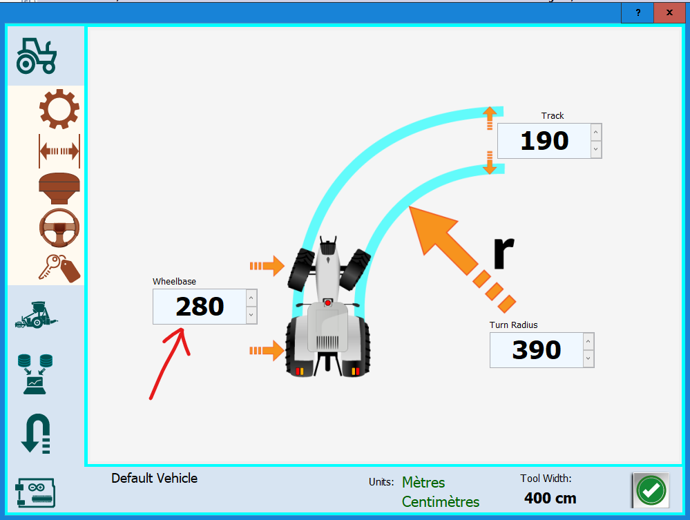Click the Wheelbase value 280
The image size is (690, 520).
pyautogui.click(x=200, y=306)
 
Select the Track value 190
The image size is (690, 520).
pyautogui.click(x=544, y=141)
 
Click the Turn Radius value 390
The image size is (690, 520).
pyautogui.click(x=537, y=350)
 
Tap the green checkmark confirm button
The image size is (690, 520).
pyautogui.click(x=651, y=490)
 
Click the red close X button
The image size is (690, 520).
pyautogui.click(x=669, y=12)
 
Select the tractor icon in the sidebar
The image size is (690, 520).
pyautogui.click(x=37, y=55)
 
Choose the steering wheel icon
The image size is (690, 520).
pyautogui.click(x=59, y=227)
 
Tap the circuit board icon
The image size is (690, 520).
pyautogui.click(x=35, y=493)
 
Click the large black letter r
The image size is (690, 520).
pyautogui.click(x=504, y=253)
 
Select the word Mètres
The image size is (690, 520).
pyautogui.click(x=423, y=482)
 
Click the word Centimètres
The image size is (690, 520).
pyautogui.click(x=441, y=501)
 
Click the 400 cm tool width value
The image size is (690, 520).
pyautogui.click(x=550, y=498)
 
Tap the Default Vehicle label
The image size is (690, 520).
pyautogui.click(x=154, y=478)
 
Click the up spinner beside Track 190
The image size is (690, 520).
pyautogui.click(x=595, y=132)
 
